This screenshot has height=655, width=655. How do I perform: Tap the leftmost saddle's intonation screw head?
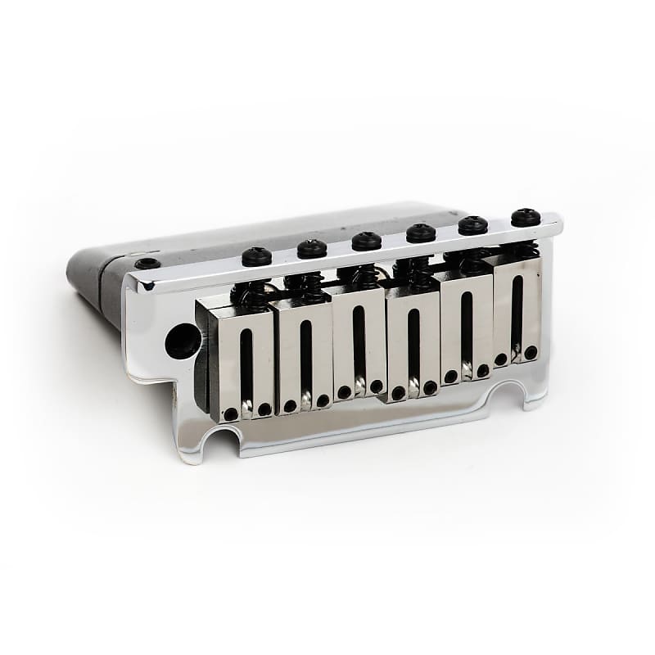[x=256, y=256]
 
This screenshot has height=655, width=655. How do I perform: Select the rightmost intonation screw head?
[x=525, y=218]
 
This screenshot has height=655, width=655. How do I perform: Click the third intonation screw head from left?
[x=367, y=241]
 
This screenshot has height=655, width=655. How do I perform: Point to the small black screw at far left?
[x=147, y=264]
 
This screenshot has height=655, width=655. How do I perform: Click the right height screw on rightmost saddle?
[x=531, y=352]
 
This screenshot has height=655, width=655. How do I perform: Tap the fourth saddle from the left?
[x=413, y=344]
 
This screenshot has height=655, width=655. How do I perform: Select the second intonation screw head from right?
[x=472, y=225]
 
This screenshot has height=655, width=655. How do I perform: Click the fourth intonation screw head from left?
[x=421, y=233]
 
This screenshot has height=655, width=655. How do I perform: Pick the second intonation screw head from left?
[x=312, y=248]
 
